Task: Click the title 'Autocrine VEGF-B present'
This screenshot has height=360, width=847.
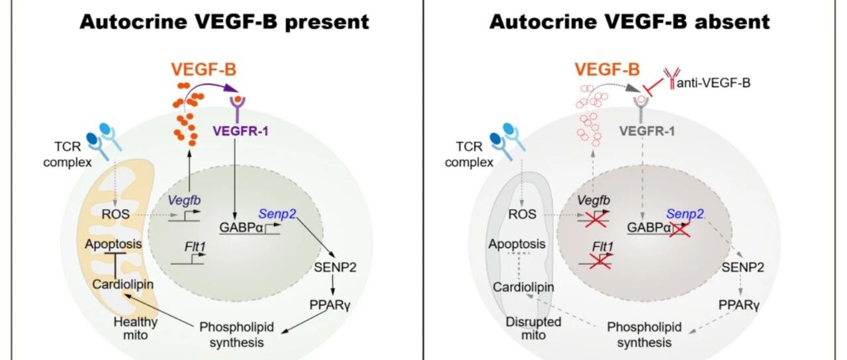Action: click(224, 22)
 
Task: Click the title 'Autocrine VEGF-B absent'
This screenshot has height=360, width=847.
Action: click(629, 22)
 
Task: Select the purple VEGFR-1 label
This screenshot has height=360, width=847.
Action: click(240, 131)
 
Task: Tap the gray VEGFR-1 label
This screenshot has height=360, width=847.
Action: click(647, 131)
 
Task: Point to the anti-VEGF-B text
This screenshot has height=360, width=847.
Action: click(713, 83)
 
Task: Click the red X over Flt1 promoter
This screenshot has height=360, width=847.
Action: click(600, 261)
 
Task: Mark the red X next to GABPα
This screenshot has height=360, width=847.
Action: click(680, 229)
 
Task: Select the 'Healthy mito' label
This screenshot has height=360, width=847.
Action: click(136, 328)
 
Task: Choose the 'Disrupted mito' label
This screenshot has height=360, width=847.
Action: click(533, 328)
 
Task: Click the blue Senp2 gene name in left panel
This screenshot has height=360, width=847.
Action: click(277, 214)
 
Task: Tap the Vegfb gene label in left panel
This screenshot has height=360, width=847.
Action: click(184, 200)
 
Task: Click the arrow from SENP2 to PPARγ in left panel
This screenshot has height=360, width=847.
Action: click(333, 285)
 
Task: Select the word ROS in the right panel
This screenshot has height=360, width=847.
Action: click(522, 214)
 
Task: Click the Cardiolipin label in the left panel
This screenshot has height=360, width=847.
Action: click(123, 284)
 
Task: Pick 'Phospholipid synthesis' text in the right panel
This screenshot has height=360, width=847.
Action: click(645, 334)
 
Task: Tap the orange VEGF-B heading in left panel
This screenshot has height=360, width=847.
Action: click(204, 69)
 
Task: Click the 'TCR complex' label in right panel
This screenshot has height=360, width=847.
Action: click(469, 154)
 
